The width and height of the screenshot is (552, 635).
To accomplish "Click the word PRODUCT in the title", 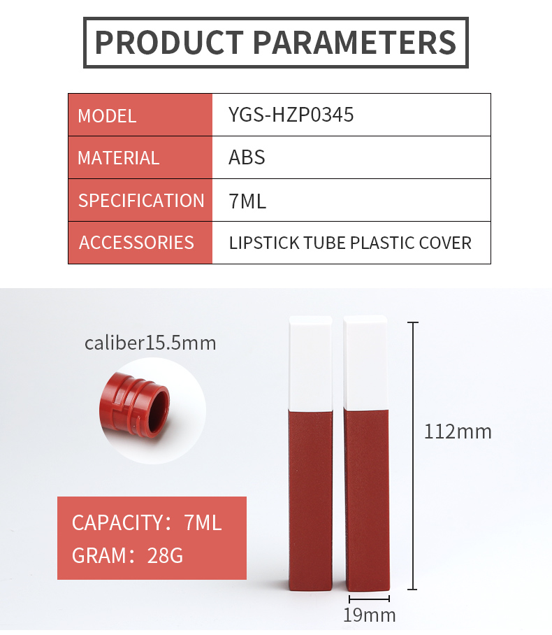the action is coord(169,42).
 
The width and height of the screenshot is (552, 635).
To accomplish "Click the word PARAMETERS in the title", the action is coord(355,42).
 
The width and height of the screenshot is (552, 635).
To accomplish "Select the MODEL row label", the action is coord(107,116).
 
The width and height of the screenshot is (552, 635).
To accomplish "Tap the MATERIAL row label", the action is coord(118,157).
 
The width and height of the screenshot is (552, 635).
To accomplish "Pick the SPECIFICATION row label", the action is coord(141,201).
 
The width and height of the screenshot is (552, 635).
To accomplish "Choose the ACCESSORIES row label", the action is coord(136,243).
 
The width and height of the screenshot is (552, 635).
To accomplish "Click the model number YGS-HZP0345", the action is coord(291,115).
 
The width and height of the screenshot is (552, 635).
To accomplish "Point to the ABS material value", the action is coord(247,157).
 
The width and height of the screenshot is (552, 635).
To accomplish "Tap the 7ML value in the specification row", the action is coord(247,201).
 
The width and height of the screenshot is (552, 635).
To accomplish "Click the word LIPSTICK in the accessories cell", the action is coord(264,243).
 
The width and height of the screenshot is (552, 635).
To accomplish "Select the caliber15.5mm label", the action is coord(150,343).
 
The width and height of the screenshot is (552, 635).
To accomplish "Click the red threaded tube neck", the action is coord(134,406).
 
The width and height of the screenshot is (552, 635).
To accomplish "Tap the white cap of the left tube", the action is coord(311,363).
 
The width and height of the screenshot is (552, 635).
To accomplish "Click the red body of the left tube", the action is coord(311,501).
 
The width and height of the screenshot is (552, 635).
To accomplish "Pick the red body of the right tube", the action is coord(367,501).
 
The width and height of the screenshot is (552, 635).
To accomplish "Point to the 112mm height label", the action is coord(458,431).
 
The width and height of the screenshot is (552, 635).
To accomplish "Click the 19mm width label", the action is coord(369,615).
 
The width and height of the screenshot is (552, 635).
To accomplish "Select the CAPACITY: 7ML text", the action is coord(147,522).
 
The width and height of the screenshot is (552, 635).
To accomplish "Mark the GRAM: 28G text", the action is coord(127,555).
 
